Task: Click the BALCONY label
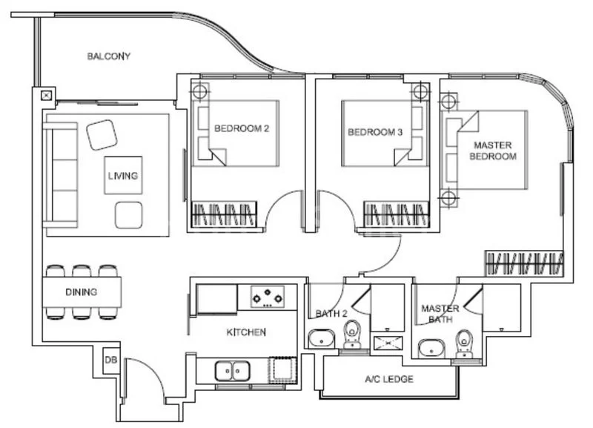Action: click(x=108, y=56)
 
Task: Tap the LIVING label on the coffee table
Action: click(x=123, y=176)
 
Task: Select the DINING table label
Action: click(x=81, y=292)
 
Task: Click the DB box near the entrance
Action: click(x=110, y=360)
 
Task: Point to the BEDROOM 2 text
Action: click(x=241, y=128)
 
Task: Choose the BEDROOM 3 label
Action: click(x=375, y=133)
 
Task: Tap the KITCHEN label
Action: click(x=245, y=332)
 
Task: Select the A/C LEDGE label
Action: click(x=389, y=380)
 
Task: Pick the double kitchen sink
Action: click(x=232, y=369)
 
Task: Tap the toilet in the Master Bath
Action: click(x=464, y=343)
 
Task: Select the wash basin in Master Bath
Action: click(x=431, y=347)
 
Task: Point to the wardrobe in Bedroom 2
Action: click(x=225, y=214)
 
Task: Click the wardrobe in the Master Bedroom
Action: click(x=526, y=263)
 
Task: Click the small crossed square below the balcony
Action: click(x=46, y=95)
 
